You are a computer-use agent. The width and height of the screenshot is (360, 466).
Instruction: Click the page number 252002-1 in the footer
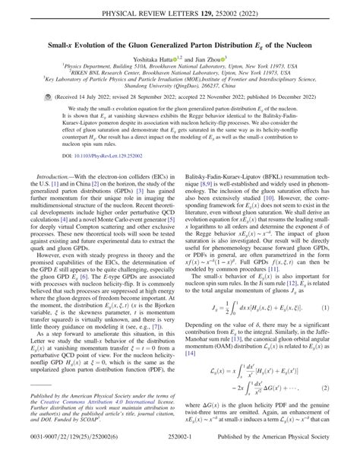click(x=180, y=456)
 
